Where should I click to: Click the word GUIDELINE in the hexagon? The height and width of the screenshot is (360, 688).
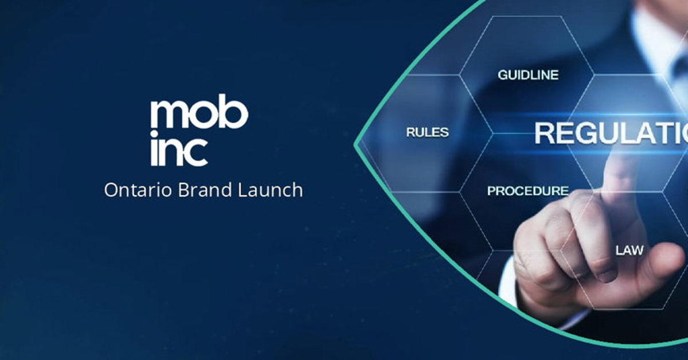point(527,75)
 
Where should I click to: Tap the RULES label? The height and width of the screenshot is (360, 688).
point(427,132)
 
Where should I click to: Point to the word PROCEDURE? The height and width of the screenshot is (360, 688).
point(527,191)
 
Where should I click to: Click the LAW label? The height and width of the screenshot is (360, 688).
point(630,251)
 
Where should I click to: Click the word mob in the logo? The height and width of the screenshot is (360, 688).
point(199,114)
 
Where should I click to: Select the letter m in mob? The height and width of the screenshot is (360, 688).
point(166,115)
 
